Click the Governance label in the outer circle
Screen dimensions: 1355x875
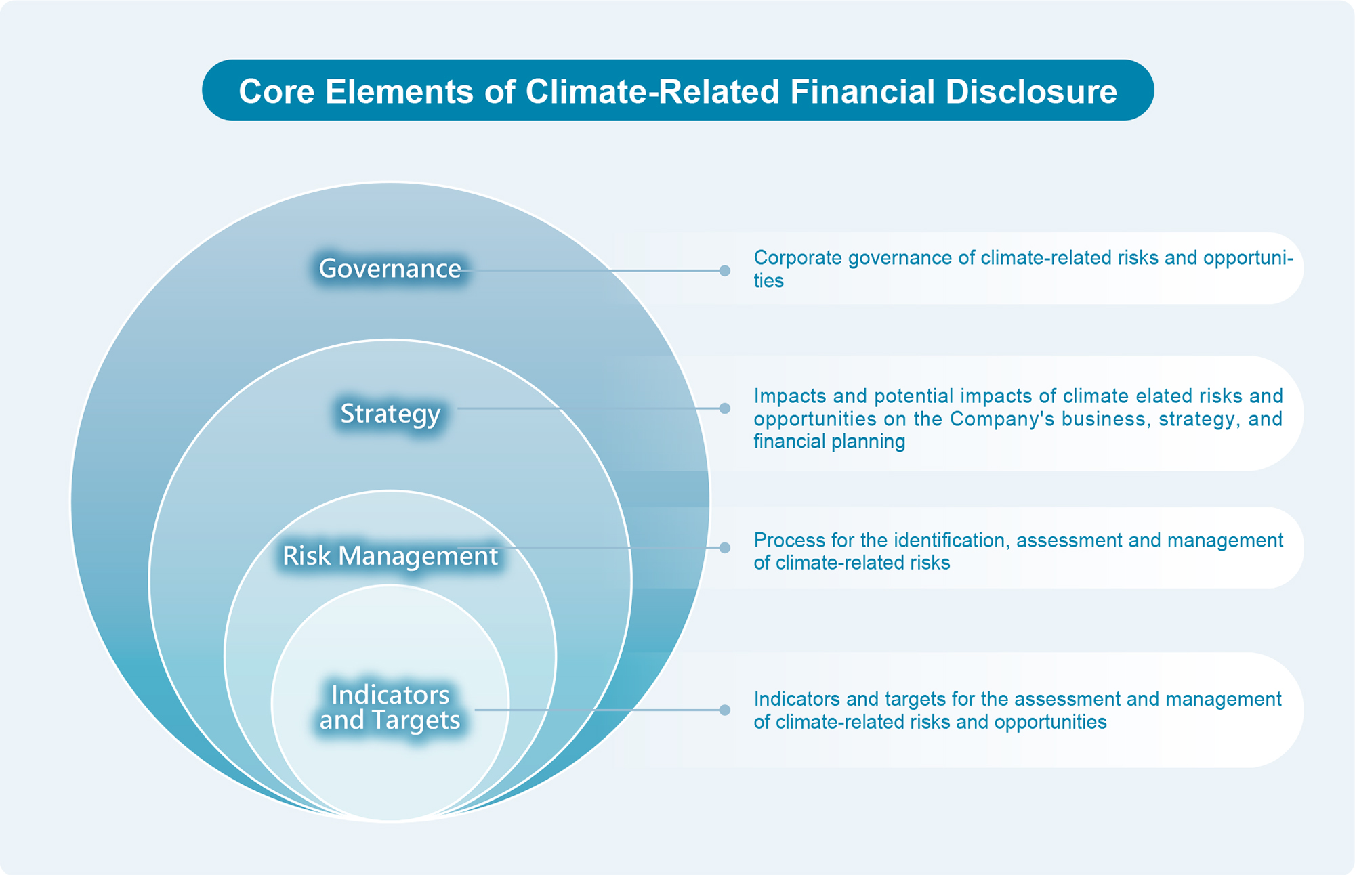click(x=390, y=269)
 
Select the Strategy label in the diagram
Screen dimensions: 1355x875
click(x=390, y=414)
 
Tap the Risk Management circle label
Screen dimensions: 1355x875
click(x=390, y=556)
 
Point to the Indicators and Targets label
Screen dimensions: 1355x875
click(x=390, y=708)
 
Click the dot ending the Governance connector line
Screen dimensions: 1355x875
click(x=725, y=271)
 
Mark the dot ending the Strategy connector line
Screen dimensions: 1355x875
click(x=725, y=408)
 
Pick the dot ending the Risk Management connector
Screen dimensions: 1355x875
click(x=725, y=547)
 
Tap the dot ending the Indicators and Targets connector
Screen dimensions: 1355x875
click(x=725, y=710)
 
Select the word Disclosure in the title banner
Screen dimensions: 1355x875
click(x=1031, y=91)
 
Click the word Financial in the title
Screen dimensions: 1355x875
click(x=862, y=91)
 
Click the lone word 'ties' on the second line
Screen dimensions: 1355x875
click(x=768, y=281)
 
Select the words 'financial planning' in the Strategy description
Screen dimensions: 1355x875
click(x=829, y=442)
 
